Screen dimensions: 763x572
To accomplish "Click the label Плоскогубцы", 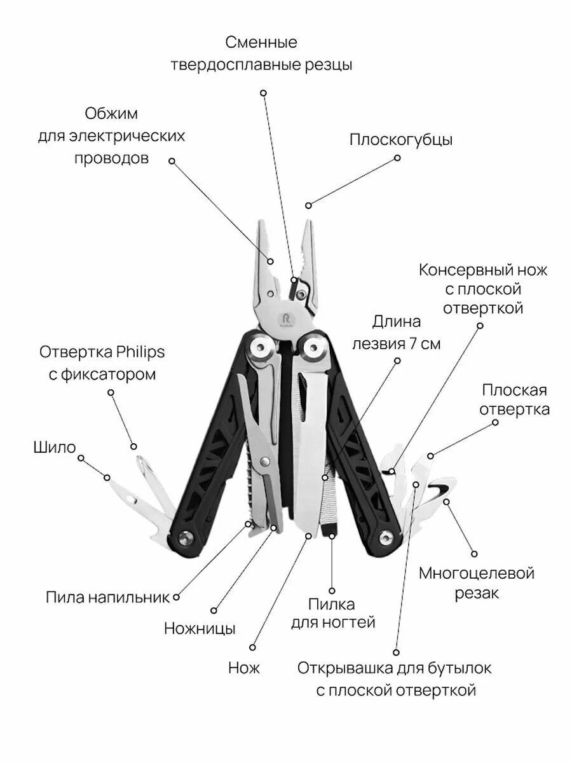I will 400,141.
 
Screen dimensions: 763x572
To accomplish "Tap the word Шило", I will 54,447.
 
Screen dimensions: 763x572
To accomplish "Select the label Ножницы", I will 200,629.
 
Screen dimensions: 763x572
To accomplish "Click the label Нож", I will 244,668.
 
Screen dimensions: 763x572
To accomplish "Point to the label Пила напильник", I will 107,597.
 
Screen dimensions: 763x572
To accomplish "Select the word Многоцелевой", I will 476,573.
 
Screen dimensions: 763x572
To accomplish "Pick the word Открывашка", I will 340,668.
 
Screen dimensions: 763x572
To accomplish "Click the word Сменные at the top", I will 261,43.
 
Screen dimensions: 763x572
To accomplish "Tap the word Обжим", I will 111,114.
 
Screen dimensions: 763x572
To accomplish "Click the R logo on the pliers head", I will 283,316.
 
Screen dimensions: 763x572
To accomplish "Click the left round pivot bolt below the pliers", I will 260,349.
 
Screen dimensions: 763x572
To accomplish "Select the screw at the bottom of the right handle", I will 386,537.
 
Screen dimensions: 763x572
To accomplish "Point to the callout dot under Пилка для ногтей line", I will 332,591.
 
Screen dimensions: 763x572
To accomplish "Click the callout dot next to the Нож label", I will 252,647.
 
